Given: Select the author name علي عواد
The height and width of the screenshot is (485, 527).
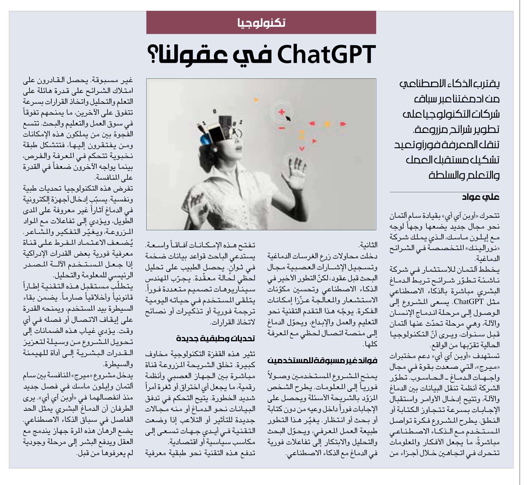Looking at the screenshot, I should (x=480, y=197).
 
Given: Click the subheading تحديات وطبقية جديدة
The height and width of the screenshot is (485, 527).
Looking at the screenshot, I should (x=215, y=338).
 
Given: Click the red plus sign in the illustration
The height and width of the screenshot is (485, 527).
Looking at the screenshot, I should (x=281, y=112).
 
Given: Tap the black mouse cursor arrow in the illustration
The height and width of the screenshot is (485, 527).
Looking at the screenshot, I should (x=288, y=118).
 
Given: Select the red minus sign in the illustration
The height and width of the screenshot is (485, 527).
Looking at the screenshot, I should (x=281, y=128).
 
